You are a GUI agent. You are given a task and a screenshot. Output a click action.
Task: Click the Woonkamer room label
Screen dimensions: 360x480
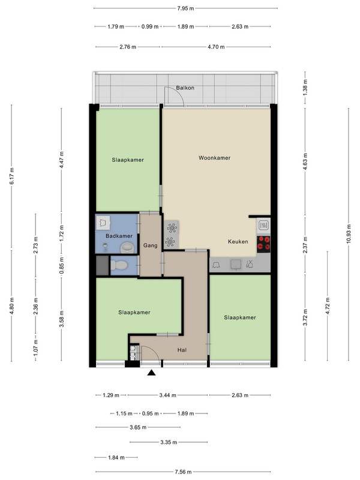pos(214,158)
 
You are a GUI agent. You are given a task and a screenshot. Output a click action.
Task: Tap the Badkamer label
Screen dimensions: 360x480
pos(119,236)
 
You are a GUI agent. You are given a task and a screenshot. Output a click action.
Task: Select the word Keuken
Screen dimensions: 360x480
pos(238,242)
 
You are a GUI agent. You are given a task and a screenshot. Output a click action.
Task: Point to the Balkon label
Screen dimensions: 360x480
pos(185,88)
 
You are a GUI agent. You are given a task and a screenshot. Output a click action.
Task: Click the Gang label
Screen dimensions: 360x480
pos(151,245)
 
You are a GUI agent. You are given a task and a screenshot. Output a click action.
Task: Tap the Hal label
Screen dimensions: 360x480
pos(182,350)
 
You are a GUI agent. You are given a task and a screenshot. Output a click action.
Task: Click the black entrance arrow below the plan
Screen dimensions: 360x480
pos(152,373)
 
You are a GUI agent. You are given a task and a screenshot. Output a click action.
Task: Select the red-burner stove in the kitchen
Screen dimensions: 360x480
pos(263,244)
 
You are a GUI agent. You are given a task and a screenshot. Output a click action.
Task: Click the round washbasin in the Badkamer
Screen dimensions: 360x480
pos(127,247)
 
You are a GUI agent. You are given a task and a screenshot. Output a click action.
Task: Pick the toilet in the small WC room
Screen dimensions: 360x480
pos(119,265)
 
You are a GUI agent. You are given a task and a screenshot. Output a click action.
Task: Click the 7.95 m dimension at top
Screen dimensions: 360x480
pos(185,8)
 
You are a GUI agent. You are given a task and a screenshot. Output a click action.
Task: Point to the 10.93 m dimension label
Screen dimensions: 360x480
pos(349,234)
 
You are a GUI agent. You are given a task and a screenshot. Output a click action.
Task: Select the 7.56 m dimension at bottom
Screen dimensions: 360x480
pos(183,472)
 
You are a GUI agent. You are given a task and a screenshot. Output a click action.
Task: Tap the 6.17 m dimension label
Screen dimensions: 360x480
pos(11,176)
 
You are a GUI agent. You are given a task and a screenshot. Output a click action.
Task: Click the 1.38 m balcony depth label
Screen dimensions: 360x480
pos(305,87)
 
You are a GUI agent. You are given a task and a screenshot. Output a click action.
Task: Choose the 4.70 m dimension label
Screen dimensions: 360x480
pos(216,47)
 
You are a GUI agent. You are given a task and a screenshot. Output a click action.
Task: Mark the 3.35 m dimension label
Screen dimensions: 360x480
pos(169,442)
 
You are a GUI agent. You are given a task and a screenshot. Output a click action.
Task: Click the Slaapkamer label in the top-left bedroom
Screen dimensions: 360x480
pos(128,160)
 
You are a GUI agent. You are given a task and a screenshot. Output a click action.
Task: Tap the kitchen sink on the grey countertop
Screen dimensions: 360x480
pos(236,265)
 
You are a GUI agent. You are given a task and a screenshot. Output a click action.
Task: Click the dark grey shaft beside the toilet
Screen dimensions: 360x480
pos(102,265)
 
